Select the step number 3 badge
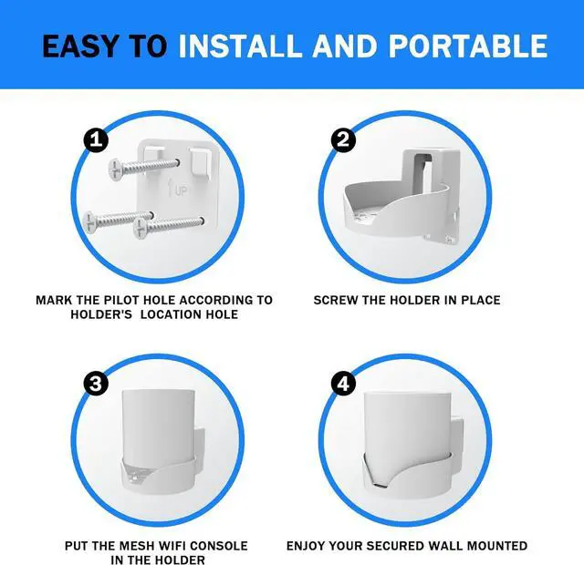tap(95, 384)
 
